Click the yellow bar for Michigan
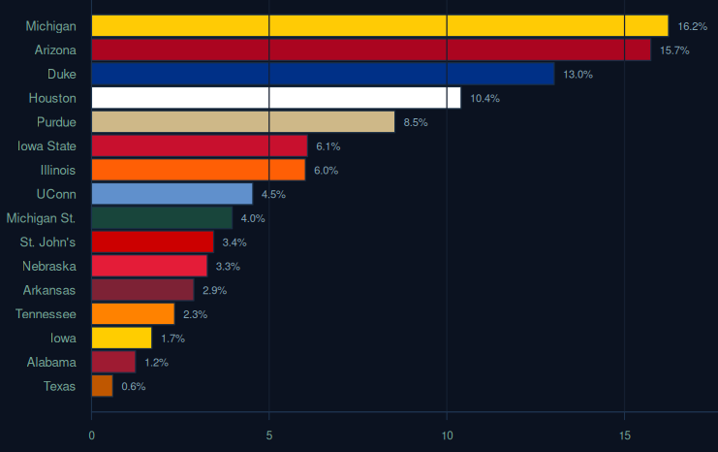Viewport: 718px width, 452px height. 379,26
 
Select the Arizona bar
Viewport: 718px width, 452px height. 371,50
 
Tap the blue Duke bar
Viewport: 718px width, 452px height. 323,74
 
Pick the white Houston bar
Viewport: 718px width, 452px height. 276,98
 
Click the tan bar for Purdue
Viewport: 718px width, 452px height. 243,122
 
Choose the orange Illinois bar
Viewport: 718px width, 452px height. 198,170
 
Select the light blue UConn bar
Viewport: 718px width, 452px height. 172,194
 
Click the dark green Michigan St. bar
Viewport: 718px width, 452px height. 162,218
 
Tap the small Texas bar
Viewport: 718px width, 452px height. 102,386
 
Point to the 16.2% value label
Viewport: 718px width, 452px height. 692,26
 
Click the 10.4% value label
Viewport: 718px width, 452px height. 484,99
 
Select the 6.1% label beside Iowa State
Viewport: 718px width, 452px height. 328,146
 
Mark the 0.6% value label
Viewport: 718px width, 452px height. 133,386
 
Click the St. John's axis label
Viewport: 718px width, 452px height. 48,242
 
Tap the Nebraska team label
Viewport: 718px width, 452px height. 49,266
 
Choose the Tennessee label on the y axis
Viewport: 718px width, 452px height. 46,314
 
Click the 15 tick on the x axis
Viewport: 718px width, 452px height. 624,436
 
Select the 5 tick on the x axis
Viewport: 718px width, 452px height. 268,436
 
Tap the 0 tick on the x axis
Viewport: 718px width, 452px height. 91,436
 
